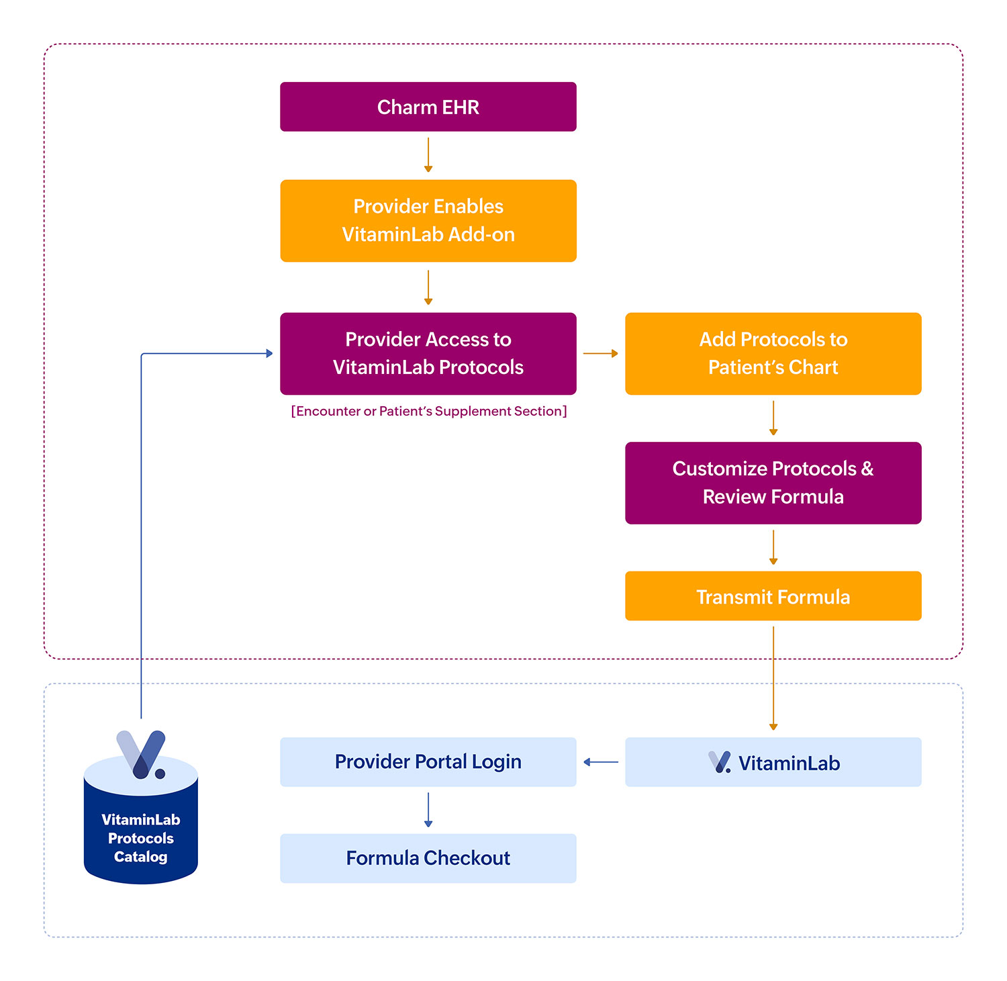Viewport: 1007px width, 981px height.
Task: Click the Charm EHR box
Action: (x=428, y=107)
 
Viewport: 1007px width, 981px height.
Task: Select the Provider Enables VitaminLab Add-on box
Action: (x=428, y=220)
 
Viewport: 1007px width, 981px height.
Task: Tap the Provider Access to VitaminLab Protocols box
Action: (x=428, y=353)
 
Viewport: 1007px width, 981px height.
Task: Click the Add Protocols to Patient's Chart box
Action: (x=773, y=353)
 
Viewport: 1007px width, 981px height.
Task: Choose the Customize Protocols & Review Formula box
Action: (x=773, y=483)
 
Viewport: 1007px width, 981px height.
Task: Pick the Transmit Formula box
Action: (x=773, y=596)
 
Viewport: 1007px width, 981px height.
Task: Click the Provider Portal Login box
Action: (x=428, y=762)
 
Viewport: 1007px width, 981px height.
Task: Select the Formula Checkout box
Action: (x=428, y=858)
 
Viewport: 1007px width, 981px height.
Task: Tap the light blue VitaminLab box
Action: (x=773, y=762)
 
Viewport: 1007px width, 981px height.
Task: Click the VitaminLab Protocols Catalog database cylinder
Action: (x=140, y=833)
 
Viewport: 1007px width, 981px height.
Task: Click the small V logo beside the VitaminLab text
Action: (x=720, y=762)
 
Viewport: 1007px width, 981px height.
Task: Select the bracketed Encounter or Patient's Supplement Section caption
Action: (x=428, y=411)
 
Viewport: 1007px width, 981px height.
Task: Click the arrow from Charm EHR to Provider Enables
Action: (x=428, y=155)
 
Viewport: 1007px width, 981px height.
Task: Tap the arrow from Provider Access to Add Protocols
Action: (x=600, y=353)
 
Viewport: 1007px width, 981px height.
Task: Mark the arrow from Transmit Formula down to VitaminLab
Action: (x=773, y=678)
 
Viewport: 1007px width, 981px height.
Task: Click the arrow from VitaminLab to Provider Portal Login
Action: (x=601, y=762)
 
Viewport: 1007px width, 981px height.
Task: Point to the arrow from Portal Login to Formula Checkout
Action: (x=428, y=810)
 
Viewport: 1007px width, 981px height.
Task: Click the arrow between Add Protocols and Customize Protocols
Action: (x=773, y=418)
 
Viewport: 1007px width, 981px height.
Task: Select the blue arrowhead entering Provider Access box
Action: (x=269, y=353)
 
